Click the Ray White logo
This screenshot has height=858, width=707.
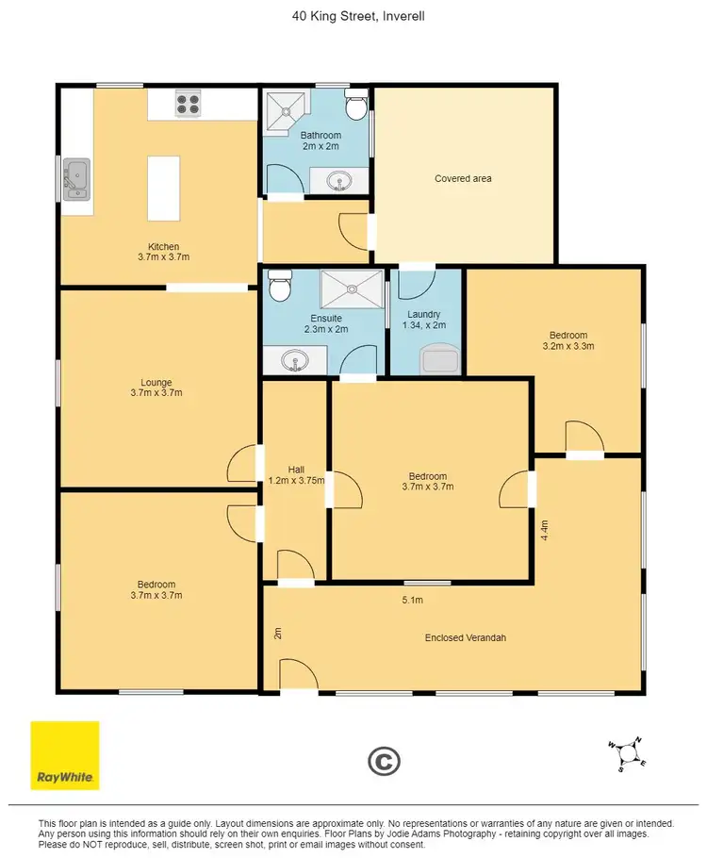(x=65, y=755)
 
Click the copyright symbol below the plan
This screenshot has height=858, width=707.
(x=384, y=761)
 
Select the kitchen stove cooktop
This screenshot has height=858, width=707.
(x=187, y=103)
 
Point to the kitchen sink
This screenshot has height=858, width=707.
(x=76, y=179)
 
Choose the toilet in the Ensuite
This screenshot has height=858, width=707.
(x=280, y=285)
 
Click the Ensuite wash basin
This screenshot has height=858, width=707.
(x=294, y=360)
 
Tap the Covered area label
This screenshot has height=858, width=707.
(x=463, y=178)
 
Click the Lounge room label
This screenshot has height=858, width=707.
(x=156, y=383)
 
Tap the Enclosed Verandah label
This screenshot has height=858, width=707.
(x=466, y=638)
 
